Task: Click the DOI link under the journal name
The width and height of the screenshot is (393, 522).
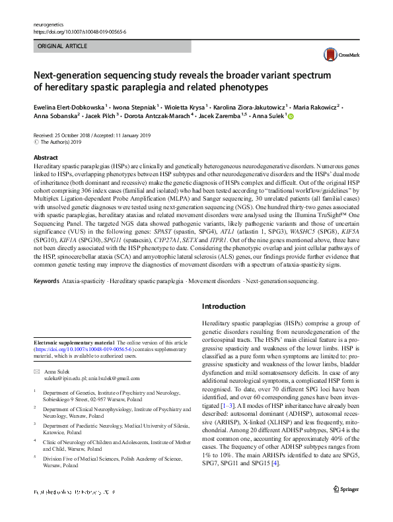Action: [x=79, y=31]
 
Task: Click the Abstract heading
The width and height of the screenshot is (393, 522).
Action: [x=46, y=158]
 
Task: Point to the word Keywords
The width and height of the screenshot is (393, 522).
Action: [x=46, y=281]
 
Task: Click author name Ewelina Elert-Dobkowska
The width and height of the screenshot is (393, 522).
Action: [x=70, y=106]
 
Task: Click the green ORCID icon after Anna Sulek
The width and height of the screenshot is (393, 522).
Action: [x=291, y=116]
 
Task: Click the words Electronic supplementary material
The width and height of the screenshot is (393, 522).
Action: [x=74, y=344]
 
